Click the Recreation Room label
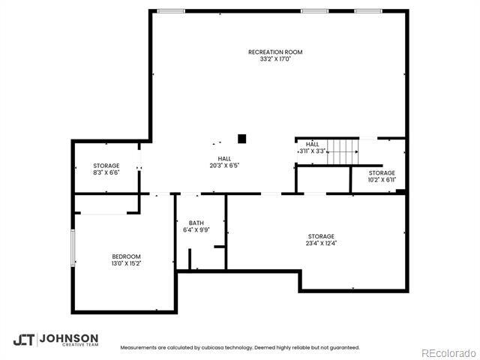point(275,52)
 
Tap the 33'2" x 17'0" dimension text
point(275,59)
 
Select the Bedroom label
point(126,256)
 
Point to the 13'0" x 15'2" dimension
point(126,264)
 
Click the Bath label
point(196,223)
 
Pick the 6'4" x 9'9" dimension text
point(196,230)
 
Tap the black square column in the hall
point(241,138)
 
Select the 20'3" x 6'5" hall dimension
point(224,166)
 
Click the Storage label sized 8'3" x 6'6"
point(106,165)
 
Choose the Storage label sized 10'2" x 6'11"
point(381,172)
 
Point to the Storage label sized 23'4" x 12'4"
point(320,236)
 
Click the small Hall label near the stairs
point(312,144)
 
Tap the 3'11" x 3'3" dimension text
point(312,151)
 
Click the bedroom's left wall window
point(73,247)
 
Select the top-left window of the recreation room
point(172,10)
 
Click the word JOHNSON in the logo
point(68,337)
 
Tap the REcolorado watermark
point(447,352)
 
